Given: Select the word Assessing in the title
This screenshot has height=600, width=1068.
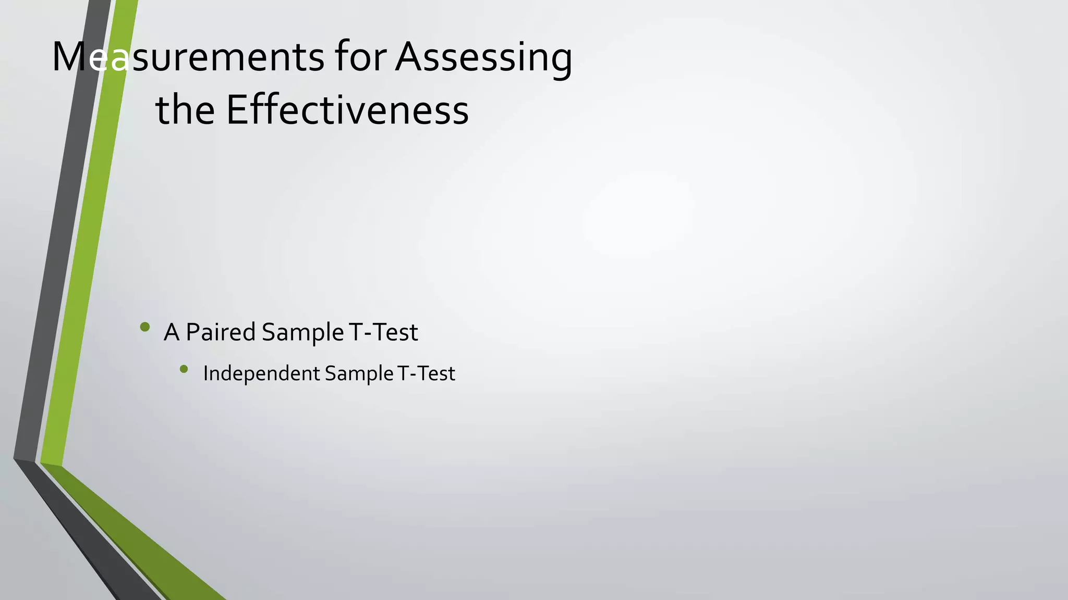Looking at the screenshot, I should (483, 57).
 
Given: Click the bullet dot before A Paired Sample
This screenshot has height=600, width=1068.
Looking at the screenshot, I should (145, 327).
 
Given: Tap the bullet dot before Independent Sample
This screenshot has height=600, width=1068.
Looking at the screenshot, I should (184, 369).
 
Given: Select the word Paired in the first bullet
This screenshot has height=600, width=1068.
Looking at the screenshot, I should (221, 332).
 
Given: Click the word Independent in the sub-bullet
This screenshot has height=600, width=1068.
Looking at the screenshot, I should (261, 373).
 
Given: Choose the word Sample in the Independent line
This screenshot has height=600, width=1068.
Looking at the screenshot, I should (359, 373).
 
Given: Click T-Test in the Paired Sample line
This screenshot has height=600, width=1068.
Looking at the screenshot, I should (383, 332).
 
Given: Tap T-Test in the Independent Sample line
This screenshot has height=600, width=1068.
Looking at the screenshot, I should (426, 373).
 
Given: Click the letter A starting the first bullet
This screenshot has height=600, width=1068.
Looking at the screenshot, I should (172, 332).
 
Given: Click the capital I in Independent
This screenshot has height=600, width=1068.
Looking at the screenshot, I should (205, 373).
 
